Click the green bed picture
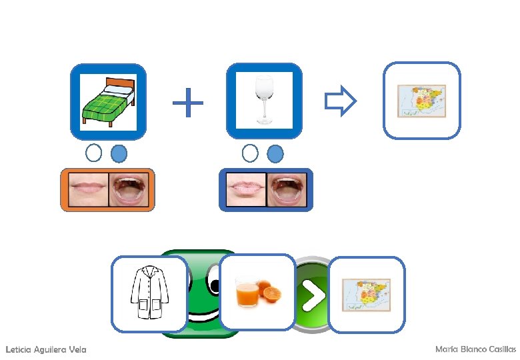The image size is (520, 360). coord(108,101)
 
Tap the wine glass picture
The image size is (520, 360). coord(265,101)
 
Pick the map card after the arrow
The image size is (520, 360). coord(422,101)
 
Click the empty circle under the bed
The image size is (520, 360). coord(94,153)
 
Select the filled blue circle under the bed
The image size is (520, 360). coord(118,154)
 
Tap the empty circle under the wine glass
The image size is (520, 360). coord(250,153)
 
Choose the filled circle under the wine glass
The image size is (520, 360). coord(275,154)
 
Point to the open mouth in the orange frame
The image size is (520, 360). coord(130,189)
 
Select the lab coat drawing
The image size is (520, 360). coord(149,294)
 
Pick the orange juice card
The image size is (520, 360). coord(257,292)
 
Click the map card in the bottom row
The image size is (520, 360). coord(366,294)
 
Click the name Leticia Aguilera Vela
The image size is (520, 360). coord(45,350)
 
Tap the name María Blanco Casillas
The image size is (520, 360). coord(475,349)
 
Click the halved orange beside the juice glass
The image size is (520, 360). coord(271,293)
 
